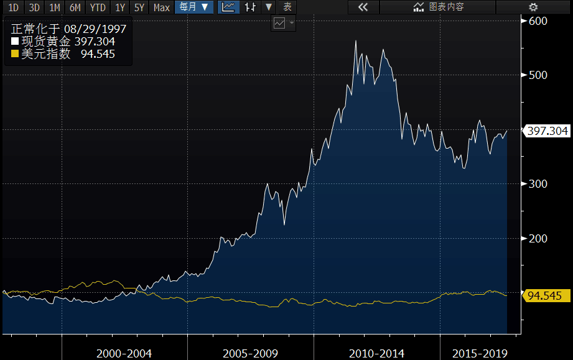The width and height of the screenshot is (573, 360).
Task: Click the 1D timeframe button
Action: click(13, 7)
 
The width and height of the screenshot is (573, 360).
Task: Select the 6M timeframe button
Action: click(75, 7)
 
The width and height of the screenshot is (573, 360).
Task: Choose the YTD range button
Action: click(97, 7)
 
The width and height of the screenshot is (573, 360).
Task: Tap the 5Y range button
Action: click(139, 7)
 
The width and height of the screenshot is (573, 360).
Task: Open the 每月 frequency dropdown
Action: click(193, 7)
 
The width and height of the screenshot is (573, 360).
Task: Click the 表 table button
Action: click(287, 7)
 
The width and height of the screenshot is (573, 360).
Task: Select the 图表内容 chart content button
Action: click(439, 7)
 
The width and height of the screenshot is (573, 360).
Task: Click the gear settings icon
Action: click(533, 7)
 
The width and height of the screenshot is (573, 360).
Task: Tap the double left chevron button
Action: click(363, 7)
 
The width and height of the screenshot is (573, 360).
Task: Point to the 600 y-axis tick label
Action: click(538, 21)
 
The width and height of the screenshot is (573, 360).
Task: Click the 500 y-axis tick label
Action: click(538, 75)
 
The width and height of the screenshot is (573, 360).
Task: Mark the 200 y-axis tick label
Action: click(538, 239)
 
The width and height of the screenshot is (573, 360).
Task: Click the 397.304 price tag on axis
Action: click(547, 131)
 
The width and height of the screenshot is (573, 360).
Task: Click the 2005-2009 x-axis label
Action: click(250, 353)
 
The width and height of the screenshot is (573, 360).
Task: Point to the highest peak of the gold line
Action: click(355, 41)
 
